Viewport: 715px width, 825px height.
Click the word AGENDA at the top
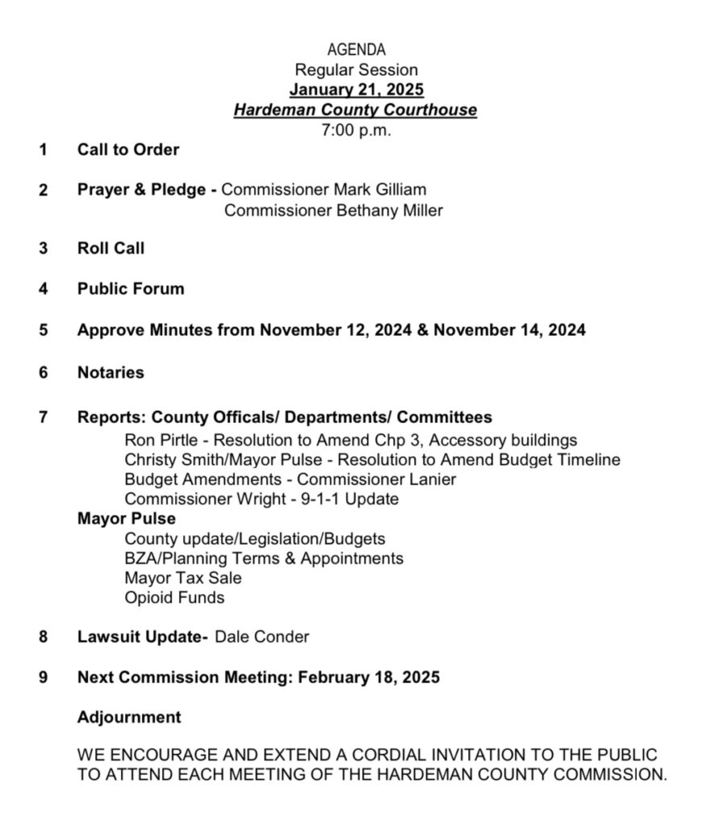[x=355, y=51]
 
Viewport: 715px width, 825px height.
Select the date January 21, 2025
[x=355, y=89]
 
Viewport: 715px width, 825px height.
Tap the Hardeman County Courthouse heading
[x=355, y=110]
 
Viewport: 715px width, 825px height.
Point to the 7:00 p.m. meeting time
[x=355, y=130]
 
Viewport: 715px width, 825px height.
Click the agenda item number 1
[x=43, y=150]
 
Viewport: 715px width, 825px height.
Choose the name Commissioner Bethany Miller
[x=334, y=210]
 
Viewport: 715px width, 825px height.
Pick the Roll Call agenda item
[x=111, y=248]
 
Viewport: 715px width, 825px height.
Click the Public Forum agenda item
[x=131, y=288]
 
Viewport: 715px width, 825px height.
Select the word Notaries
[x=111, y=372]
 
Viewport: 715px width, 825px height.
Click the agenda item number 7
[x=43, y=417]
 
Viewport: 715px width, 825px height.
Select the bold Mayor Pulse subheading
[x=127, y=518]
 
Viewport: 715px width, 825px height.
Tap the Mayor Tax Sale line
[x=183, y=578]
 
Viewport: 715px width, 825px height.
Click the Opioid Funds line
[x=174, y=598]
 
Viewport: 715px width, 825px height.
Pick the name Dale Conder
[x=262, y=636]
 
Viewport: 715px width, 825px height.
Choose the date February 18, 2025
[x=369, y=677]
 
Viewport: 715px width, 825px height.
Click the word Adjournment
[x=129, y=717]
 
